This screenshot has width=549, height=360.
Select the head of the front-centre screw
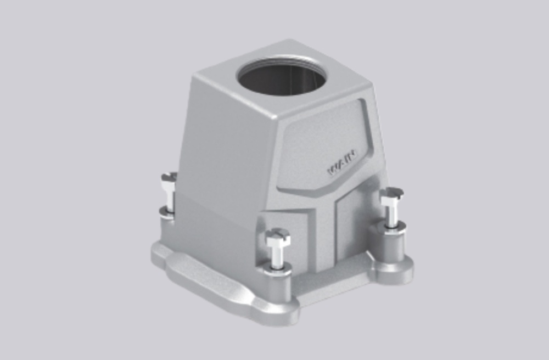(277, 237)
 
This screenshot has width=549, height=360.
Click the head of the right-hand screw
(391, 195)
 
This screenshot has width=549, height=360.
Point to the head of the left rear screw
(169, 179)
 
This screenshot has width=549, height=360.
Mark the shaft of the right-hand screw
(391, 214)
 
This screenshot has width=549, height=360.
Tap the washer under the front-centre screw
(277, 267)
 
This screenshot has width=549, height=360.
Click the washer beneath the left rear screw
(167, 211)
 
